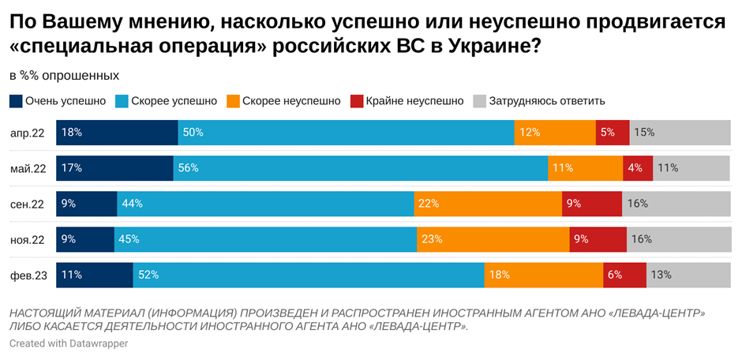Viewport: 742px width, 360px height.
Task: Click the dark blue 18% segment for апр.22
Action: pos(117,133)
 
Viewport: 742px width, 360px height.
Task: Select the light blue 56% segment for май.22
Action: pos(360,168)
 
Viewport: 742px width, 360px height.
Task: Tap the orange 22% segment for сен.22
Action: pos(488,204)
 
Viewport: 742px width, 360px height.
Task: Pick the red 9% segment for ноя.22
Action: pos(598,239)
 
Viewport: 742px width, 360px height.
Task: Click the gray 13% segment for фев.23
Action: pos(688,275)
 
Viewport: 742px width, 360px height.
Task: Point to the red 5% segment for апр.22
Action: pos(613,133)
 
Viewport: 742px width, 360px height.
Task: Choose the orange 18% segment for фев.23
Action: pos(543,275)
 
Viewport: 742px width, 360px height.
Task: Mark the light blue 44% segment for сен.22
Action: pos(265,204)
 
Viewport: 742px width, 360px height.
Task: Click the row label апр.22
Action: pos(28,133)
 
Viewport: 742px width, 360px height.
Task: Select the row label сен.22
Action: pos(28,204)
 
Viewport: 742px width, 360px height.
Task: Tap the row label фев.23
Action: pos(28,275)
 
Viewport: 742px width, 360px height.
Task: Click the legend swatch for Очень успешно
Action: pos(16,101)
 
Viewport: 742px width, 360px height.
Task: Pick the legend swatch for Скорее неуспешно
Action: pos(233,101)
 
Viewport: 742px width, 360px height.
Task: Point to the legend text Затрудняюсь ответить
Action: pos(547,101)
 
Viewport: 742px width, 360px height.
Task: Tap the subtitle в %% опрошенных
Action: pos(64,76)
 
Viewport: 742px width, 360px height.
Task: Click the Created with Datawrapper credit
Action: pos(69,344)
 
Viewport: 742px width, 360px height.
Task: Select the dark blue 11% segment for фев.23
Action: pos(95,275)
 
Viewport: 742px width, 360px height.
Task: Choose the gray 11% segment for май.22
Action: pos(691,168)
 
